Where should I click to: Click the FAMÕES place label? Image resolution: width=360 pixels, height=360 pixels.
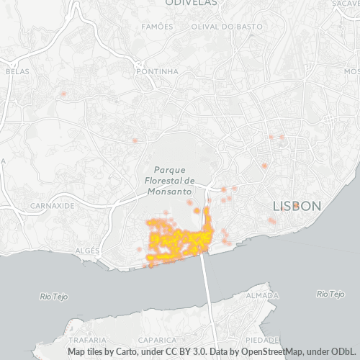tap(158, 27)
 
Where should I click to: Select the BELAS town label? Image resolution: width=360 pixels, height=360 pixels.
tap(16, 71)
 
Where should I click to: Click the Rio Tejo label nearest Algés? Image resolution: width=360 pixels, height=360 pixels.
tap(56, 295)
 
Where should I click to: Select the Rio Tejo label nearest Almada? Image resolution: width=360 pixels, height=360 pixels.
tap(331, 294)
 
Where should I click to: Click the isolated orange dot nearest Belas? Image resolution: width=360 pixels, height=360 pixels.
tap(63, 94)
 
